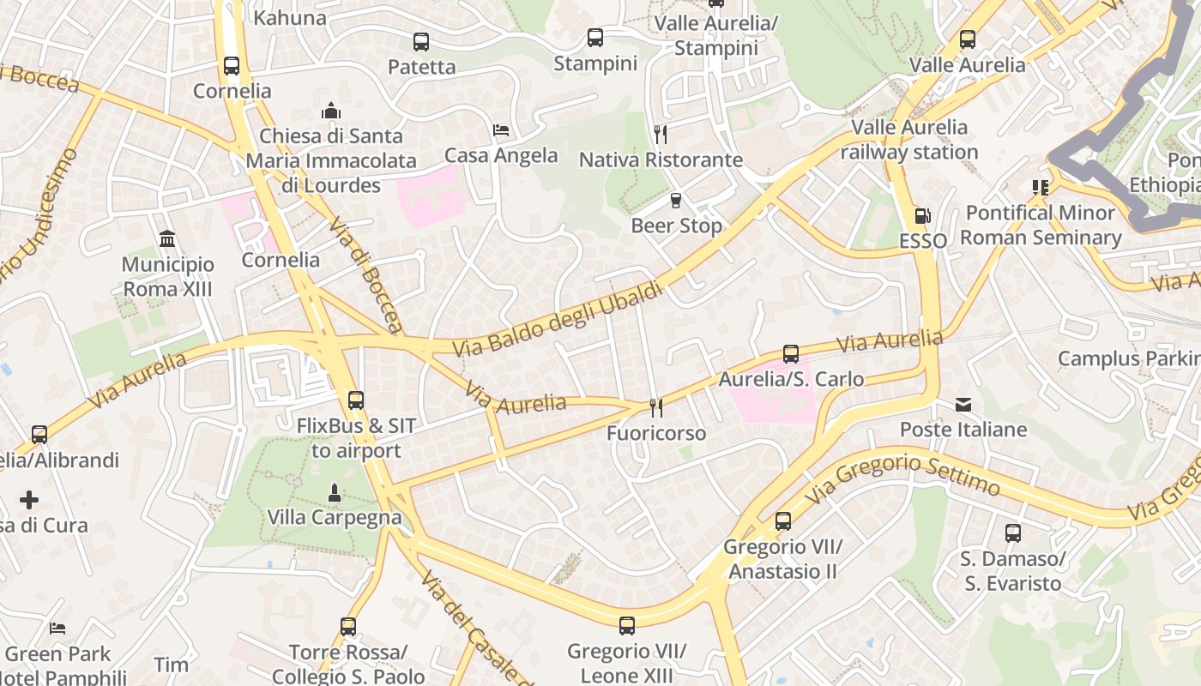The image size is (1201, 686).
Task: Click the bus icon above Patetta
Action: tap(420, 41)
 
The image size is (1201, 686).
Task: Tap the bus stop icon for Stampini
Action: tap(594, 38)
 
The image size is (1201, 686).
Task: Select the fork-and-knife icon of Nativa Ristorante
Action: tap(660, 135)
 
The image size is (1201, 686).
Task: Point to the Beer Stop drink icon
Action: tap(676, 201)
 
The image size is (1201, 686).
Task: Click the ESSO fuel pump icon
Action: tap(922, 216)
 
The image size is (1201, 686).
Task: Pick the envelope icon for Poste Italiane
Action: tap(963, 404)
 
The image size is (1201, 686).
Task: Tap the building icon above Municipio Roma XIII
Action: tap(167, 238)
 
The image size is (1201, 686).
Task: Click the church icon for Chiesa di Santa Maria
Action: tap(331, 111)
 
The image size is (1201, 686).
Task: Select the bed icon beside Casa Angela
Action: tap(501, 130)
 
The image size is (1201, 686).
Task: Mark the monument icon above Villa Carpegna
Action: tap(335, 492)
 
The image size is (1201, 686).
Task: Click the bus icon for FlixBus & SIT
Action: tap(355, 400)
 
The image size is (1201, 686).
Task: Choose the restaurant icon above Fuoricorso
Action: tap(656, 407)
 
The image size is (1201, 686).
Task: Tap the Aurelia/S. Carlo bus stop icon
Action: tap(791, 353)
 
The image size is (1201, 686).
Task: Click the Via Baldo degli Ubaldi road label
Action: tap(558, 320)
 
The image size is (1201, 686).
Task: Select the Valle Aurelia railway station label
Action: tap(909, 140)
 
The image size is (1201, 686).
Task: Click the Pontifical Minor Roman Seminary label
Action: tap(1040, 225)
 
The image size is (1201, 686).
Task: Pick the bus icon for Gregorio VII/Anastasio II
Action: tap(782, 521)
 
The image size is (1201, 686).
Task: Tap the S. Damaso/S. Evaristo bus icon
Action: tap(1012, 533)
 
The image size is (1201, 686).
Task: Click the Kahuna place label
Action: tap(290, 17)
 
